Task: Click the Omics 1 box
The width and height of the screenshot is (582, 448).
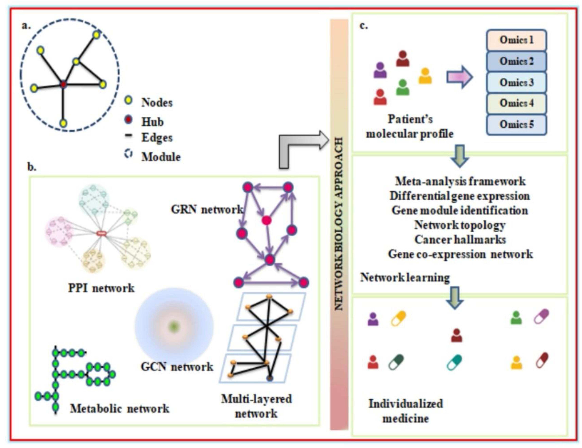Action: (x=516, y=40)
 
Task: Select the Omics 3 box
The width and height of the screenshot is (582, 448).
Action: (x=516, y=83)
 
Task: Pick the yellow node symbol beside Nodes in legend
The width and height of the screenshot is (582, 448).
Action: (x=129, y=101)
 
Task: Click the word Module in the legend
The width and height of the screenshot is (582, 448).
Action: (x=161, y=157)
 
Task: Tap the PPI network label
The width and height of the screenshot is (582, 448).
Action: (x=101, y=288)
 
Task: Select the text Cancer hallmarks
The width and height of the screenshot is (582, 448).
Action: (x=460, y=240)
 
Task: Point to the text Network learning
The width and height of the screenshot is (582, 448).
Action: (x=405, y=278)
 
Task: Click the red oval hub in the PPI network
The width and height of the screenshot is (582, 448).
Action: (x=101, y=233)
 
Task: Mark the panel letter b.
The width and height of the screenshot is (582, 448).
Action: (x=31, y=167)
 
